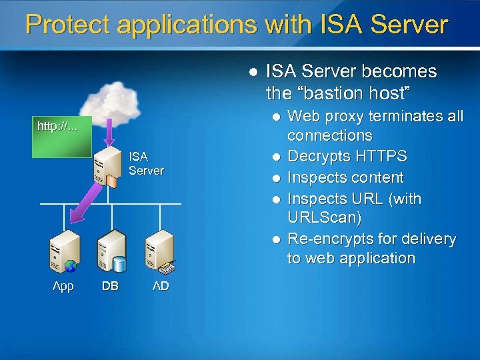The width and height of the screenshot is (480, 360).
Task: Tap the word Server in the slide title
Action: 409,25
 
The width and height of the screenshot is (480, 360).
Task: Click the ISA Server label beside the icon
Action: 146,163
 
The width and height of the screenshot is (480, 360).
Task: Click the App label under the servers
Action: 63,286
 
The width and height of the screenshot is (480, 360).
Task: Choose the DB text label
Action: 110,286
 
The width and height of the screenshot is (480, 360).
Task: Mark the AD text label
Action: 161,286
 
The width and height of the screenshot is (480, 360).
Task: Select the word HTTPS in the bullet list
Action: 397,156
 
